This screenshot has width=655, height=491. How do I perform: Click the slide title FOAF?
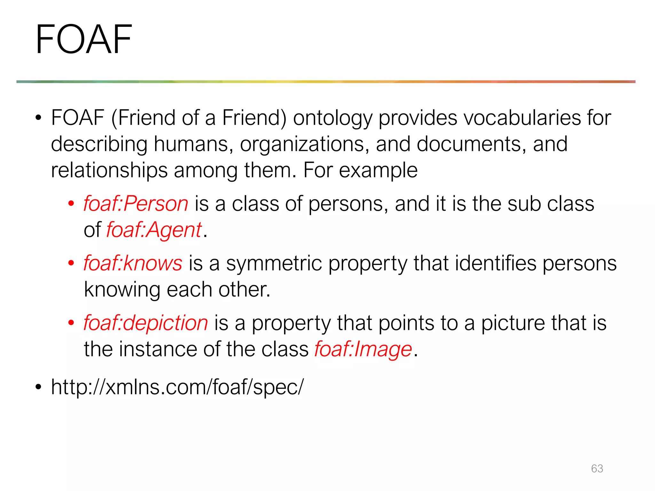point(84,39)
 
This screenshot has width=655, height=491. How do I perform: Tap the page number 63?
point(597,468)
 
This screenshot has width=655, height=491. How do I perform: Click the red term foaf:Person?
point(136,204)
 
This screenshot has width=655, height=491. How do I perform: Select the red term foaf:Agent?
point(154,230)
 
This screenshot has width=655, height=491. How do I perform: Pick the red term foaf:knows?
point(133,263)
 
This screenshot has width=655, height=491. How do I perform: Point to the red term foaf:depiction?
point(146,323)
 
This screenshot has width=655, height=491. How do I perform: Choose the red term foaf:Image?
point(363,349)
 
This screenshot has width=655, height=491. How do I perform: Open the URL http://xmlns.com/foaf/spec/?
point(177,387)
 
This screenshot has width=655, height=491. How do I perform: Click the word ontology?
point(333,118)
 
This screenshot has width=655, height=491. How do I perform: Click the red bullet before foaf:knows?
point(71,263)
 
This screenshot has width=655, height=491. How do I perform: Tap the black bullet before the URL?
point(39,387)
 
